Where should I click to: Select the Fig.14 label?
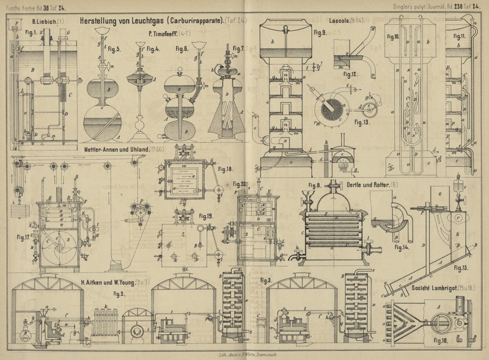(401, 247)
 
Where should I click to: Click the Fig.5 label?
(114, 49)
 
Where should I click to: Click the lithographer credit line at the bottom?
(244, 354)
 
